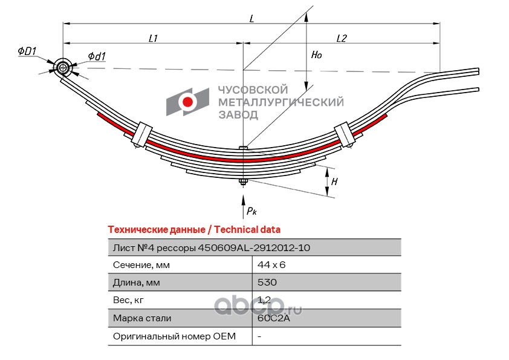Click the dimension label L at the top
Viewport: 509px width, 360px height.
[252, 19]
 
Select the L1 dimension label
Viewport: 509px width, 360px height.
[153, 38]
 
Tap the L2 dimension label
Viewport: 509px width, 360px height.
[341, 38]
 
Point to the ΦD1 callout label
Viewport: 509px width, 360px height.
[27, 51]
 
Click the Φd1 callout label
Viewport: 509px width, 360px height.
[97, 56]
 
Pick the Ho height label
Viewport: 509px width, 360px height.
[317, 54]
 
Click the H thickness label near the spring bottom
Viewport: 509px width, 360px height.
[334, 182]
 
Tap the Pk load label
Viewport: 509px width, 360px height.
[251, 211]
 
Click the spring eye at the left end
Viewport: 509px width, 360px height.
[62, 68]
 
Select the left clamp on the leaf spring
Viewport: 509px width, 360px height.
[142, 134]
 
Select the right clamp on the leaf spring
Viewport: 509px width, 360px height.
[345, 134]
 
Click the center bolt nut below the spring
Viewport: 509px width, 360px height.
[243, 182]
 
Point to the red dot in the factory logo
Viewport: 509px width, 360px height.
[187, 102]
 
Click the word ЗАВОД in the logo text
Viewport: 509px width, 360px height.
[238, 114]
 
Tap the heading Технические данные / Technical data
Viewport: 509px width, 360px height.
[194, 230]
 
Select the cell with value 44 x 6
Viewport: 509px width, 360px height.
[271, 265]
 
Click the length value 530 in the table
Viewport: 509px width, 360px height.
[267, 282]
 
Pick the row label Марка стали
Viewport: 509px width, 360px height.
[142, 318]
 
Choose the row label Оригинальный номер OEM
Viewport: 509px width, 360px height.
[174, 336]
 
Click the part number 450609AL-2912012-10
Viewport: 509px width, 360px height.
[254, 248]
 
